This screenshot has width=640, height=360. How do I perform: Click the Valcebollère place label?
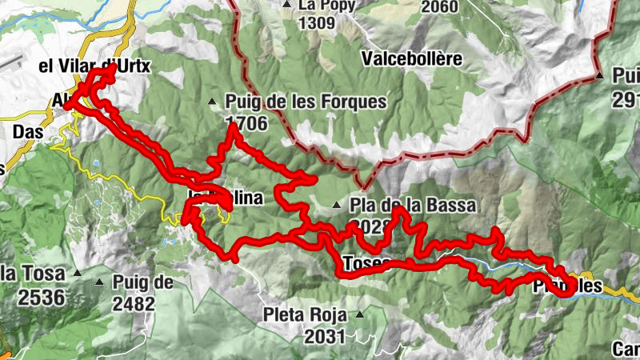point(412,58)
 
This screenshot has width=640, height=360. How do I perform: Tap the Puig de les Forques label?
point(306,102)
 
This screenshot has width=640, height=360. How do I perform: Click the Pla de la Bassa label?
point(412,206)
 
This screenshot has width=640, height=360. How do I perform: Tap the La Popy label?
point(326,5)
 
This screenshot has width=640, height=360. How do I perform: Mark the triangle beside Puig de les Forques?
point(212,102)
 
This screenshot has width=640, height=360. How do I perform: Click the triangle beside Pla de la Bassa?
point(338,206)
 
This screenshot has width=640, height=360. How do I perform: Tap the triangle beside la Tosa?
point(78,273)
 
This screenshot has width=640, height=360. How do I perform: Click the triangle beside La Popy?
point(286,4)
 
